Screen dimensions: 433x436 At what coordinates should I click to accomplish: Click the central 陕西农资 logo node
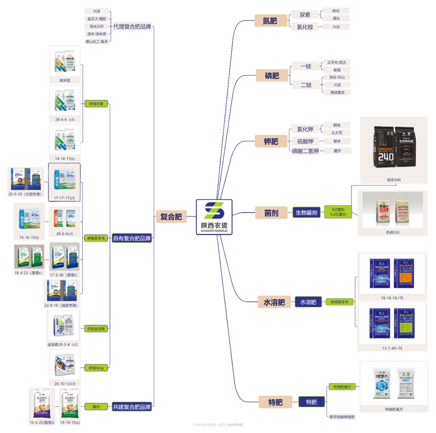tap(214, 216)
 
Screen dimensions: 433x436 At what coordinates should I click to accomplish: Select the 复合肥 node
tap(171, 216)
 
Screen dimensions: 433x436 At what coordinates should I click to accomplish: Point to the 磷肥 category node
tap(272, 76)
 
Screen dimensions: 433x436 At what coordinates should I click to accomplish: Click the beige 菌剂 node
tap(271, 213)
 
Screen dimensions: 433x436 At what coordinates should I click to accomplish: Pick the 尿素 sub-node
tap(305, 14)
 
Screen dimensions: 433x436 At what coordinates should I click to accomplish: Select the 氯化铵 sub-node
tap(305, 27)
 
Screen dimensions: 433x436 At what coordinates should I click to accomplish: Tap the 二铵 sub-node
tap(306, 85)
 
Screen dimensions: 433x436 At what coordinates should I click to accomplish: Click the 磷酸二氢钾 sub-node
tap(305, 151)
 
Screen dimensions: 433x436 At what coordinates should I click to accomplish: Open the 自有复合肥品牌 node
tap(132, 238)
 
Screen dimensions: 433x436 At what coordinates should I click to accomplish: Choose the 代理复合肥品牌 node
tap(132, 27)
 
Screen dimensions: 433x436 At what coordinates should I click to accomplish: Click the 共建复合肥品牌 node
tap(132, 406)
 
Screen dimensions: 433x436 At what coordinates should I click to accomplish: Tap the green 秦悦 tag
tap(96, 406)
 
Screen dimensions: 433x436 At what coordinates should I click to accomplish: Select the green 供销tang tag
tap(95, 368)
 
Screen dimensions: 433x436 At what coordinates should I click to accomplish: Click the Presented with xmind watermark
tap(218, 424)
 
